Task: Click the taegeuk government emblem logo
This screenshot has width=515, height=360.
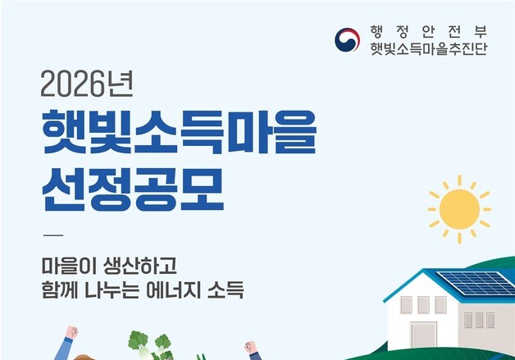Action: [347, 40]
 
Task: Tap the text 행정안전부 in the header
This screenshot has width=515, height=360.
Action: [428, 32]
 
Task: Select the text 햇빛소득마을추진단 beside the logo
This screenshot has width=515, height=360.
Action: [428, 50]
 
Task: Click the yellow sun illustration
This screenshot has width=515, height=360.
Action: [458, 209]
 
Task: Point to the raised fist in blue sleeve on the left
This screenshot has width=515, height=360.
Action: [71, 334]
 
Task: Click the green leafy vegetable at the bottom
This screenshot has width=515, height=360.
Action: [150, 343]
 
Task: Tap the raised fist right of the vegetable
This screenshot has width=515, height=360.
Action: [251, 347]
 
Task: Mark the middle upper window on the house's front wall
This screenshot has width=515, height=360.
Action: [423, 304]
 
